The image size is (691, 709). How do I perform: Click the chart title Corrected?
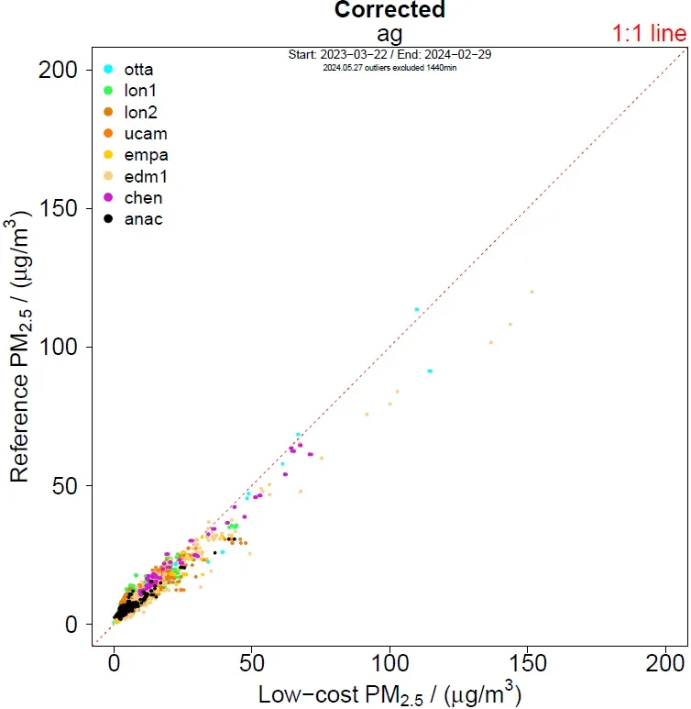389,11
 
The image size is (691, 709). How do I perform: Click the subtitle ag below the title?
389,33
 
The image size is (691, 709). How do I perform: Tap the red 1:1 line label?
649,35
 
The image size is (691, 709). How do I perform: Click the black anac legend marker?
108,219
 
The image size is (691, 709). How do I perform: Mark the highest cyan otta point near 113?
417,310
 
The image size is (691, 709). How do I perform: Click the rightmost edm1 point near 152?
532,292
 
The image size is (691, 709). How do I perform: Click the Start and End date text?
389,55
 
